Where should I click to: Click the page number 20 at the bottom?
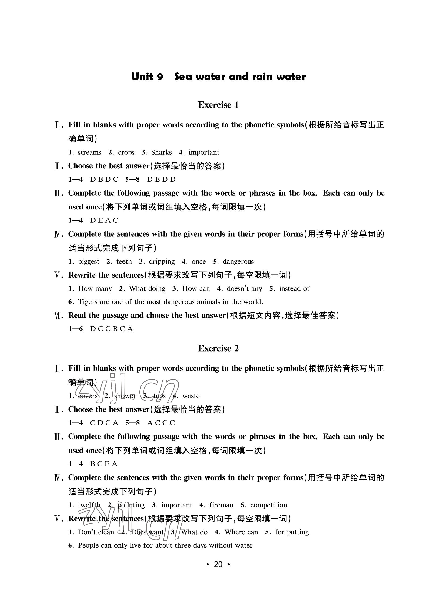(218, 564)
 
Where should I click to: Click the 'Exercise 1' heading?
(218, 105)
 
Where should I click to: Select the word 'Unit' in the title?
(142, 77)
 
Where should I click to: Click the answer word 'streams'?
(89, 152)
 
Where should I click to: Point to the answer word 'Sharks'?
(161, 152)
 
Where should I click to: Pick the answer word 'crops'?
(126, 152)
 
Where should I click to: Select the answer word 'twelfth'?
(89, 505)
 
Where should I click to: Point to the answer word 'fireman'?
(221, 505)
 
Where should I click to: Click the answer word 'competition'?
(268, 505)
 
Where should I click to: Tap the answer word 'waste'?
(191, 396)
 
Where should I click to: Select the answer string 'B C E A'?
(104, 464)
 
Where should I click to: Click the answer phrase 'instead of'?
(294, 288)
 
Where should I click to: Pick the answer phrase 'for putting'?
(292, 532)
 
